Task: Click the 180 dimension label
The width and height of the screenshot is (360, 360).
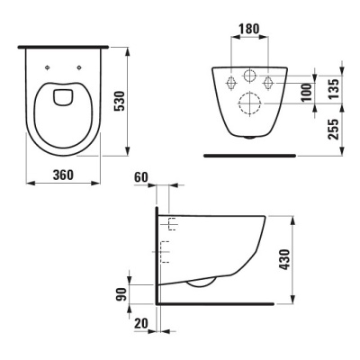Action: tap(249, 29)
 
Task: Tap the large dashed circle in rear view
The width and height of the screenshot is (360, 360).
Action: tap(250, 103)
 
